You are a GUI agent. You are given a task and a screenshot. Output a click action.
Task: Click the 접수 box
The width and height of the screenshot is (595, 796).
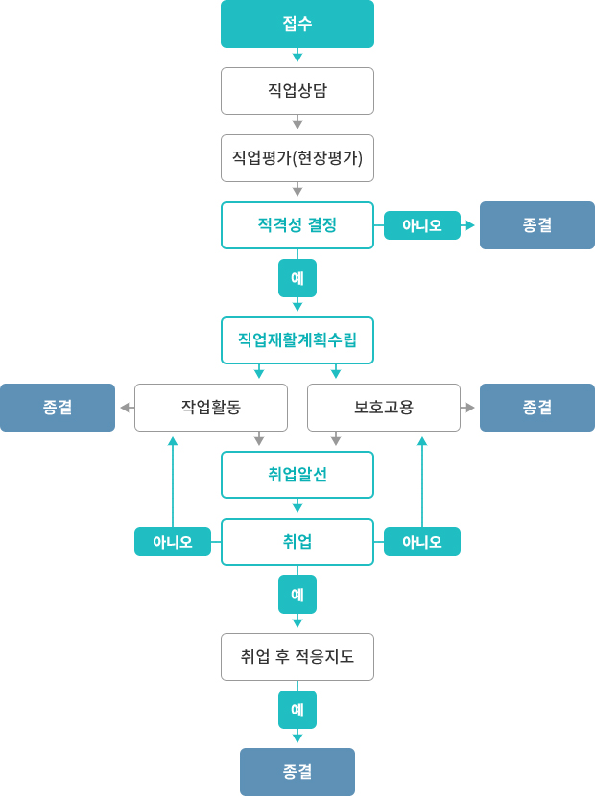tap(297, 24)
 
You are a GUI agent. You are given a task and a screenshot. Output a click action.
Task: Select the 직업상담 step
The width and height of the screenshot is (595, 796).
tap(297, 91)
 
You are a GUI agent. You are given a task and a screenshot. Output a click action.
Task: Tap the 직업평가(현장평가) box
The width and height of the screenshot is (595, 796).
tap(297, 158)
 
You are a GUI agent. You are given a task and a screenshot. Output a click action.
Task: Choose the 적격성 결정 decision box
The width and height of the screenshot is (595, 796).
tap(297, 225)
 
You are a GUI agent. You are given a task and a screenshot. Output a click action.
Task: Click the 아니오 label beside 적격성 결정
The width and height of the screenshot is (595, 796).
tap(422, 225)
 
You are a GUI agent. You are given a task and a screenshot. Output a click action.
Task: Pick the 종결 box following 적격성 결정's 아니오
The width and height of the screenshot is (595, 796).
tap(537, 225)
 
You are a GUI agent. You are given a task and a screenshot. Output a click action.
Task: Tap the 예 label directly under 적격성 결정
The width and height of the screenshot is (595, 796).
tap(297, 278)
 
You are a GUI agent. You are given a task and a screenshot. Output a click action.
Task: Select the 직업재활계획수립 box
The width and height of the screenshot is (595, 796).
tap(297, 340)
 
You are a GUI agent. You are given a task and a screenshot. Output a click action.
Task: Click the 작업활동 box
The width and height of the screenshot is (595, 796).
tap(211, 408)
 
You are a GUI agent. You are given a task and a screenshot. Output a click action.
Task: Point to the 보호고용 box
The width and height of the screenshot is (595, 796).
tap(384, 408)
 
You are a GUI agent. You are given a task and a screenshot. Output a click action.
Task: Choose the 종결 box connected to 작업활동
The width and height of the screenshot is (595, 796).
tap(58, 408)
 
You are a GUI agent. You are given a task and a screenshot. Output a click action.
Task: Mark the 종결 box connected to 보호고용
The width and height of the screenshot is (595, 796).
tap(537, 408)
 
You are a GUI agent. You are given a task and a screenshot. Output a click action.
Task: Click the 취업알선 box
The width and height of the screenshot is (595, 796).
tap(297, 475)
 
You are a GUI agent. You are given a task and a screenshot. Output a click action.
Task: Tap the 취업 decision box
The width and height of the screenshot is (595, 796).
tap(297, 542)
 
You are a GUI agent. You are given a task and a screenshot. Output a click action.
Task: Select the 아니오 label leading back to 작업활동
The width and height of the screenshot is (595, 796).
tap(173, 542)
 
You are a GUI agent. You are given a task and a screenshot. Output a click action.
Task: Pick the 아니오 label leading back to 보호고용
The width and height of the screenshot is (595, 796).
tap(422, 542)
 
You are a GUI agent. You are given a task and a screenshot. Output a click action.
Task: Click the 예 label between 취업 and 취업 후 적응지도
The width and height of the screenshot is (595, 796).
tap(297, 595)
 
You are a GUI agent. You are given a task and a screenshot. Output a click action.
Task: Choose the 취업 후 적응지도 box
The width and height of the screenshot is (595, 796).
tap(297, 657)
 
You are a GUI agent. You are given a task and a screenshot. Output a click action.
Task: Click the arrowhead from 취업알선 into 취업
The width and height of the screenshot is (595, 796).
tap(297, 508)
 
